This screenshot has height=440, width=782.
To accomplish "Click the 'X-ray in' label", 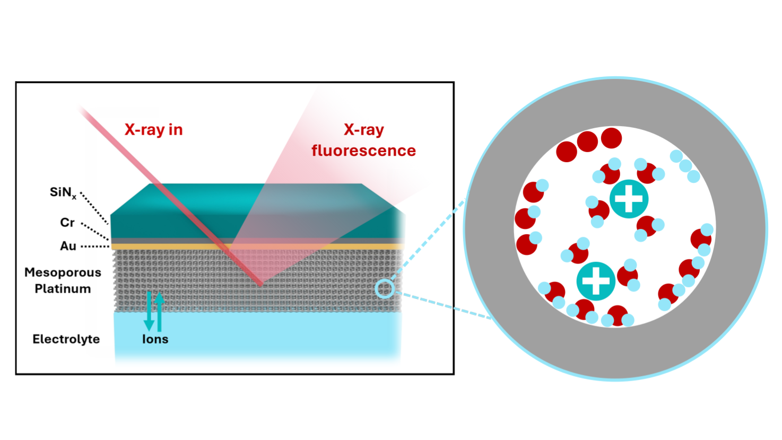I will click(x=153, y=130).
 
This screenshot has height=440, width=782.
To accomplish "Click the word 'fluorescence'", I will click(x=363, y=151).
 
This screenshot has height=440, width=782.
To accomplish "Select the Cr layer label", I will click(x=67, y=223).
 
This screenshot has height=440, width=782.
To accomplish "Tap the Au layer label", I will click(x=68, y=246).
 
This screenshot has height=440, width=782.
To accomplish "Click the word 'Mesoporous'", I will click(x=63, y=272).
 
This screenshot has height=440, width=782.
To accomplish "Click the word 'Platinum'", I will click(x=63, y=289).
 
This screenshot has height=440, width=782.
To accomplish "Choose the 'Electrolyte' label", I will click(x=66, y=339).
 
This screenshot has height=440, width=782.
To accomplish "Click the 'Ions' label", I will click(x=155, y=339).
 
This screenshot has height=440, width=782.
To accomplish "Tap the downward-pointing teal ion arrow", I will click(x=149, y=313).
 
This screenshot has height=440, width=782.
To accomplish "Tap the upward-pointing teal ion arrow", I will click(x=159, y=310).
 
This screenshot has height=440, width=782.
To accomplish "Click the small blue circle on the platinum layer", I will click(x=385, y=289).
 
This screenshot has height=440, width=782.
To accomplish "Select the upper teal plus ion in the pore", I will click(x=629, y=199).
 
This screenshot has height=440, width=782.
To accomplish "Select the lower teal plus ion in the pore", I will click(x=596, y=281).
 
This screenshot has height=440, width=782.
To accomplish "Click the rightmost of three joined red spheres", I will click(x=611, y=138).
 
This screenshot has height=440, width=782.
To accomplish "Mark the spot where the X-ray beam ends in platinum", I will click(x=260, y=285).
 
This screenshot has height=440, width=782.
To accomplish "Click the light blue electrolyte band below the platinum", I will click(x=265, y=334).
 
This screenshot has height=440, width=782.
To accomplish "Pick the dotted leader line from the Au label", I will click(x=94, y=247).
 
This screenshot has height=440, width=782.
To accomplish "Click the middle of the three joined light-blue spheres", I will click(x=685, y=166).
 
